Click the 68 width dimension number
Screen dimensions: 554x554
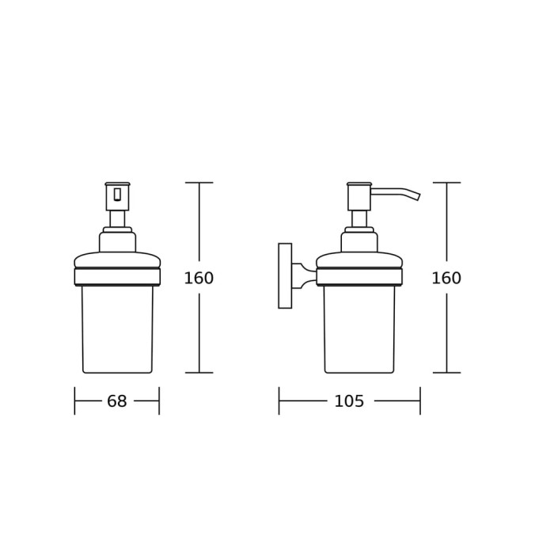(x=117, y=401)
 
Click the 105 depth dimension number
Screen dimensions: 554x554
(x=349, y=401)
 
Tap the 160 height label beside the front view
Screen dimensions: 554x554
(x=199, y=278)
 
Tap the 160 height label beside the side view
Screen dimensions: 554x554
(x=446, y=278)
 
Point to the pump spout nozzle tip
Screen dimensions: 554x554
(x=418, y=197)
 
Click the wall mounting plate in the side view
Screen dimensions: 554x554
(x=285, y=275)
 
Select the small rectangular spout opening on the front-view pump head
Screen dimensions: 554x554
(x=117, y=195)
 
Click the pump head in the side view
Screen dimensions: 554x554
(x=359, y=196)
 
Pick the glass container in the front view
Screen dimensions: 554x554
(x=117, y=329)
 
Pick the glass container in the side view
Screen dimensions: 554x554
(x=359, y=329)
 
